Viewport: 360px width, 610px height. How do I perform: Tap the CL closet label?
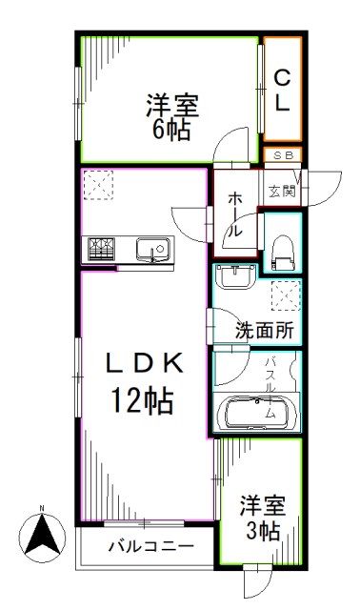pyautogui.click(x=283, y=89)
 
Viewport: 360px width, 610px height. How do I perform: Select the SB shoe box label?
pyautogui.click(x=283, y=154)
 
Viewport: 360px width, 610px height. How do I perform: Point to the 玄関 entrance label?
pyautogui.click(x=282, y=191)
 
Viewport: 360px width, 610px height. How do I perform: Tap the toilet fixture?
pyautogui.click(x=282, y=251)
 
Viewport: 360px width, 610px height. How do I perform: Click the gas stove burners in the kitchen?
pyautogui.click(x=101, y=250)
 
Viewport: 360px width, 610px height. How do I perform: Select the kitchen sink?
pyautogui.click(x=151, y=251)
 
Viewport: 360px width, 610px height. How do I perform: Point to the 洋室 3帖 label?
pyautogui.click(x=260, y=516)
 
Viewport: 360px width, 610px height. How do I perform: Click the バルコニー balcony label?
pyautogui.click(x=150, y=547)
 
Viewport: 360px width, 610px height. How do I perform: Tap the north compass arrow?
pyautogui.click(x=41, y=534)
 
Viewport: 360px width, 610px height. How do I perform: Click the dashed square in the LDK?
pyautogui.click(x=97, y=183)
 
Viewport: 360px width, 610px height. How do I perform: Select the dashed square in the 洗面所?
pyautogui.click(x=284, y=297)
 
